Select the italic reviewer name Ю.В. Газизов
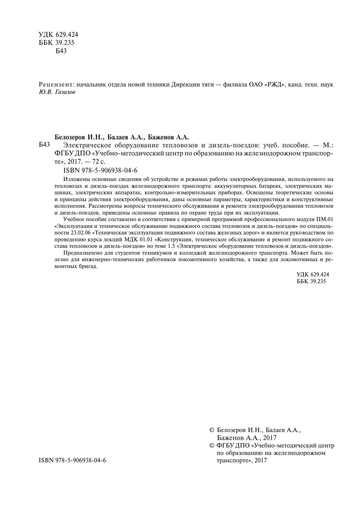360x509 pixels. click(57, 92)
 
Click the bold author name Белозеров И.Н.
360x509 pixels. click(79, 137)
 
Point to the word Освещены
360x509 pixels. click(261, 193)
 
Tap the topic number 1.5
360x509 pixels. click(171, 246)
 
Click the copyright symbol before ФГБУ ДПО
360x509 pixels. click(212, 445)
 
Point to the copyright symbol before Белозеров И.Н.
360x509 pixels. click(212, 430)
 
